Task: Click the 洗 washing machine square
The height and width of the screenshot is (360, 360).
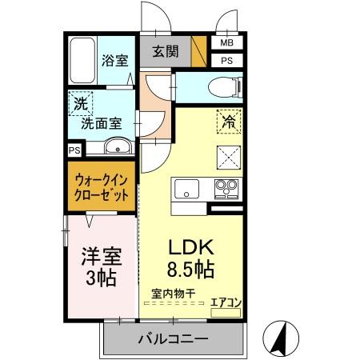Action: tap(80, 103)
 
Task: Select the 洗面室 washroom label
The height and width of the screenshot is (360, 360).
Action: tap(102, 125)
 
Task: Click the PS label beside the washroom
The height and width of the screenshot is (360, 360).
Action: tap(74, 150)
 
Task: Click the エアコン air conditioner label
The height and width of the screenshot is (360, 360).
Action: tap(225, 302)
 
